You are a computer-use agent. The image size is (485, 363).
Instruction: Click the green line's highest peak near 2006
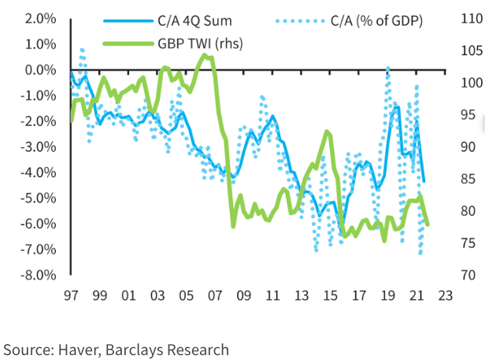coord(205,54)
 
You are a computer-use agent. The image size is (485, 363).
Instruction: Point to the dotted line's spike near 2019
coord(388,69)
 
